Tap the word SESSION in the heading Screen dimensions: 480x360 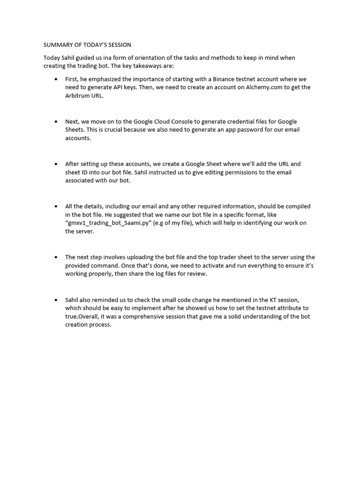click(117, 45)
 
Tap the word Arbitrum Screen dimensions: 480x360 click(78, 95)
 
